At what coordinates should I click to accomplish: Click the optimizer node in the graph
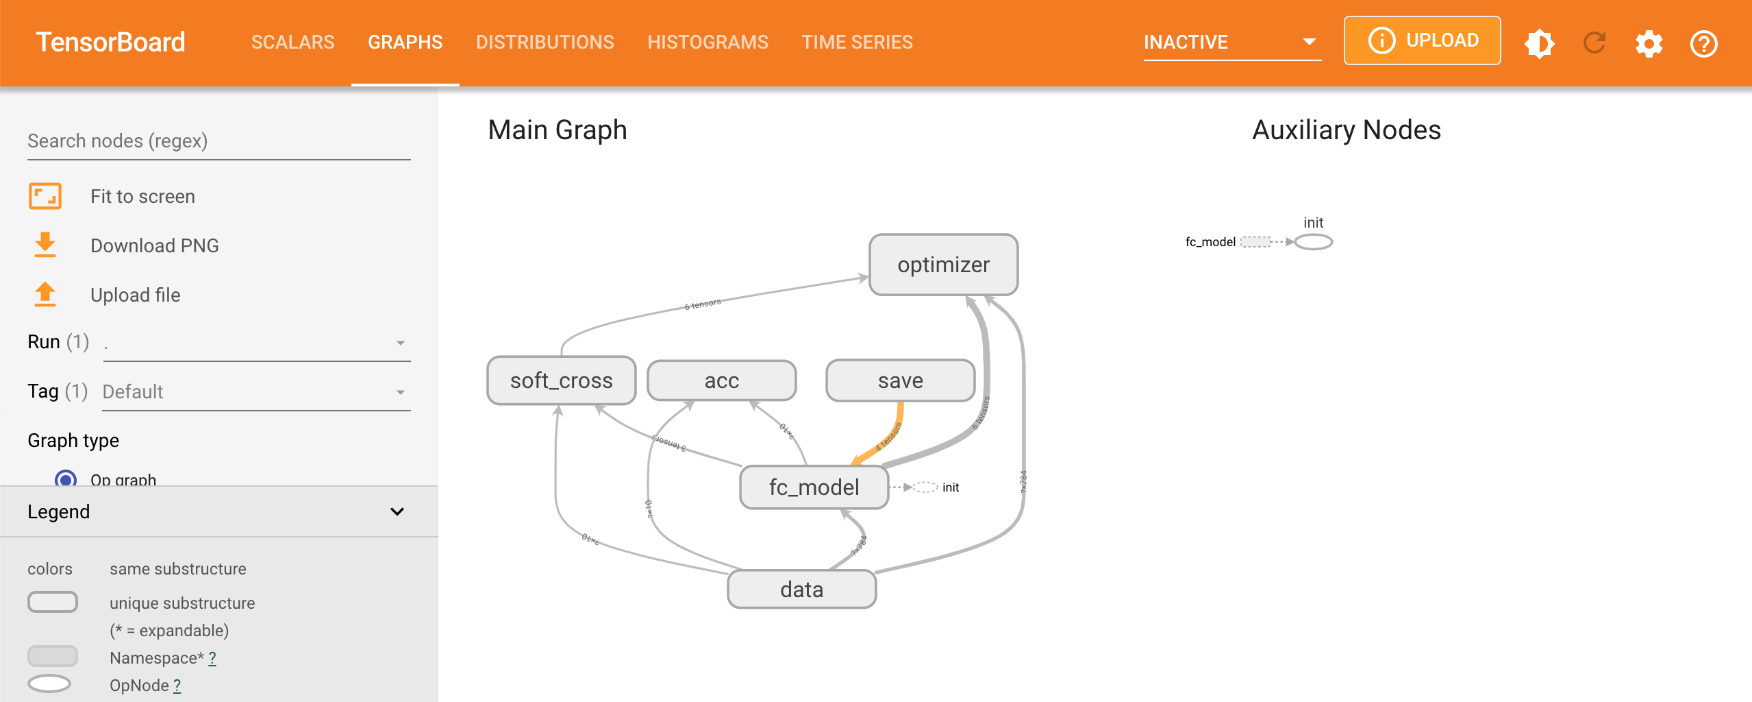click(x=943, y=265)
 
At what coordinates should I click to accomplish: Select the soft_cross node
click(x=561, y=380)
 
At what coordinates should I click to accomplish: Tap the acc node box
click(x=721, y=380)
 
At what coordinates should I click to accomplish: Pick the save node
click(x=900, y=380)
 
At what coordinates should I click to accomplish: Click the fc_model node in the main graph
click(x=814, y=487)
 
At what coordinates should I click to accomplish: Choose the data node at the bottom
click(x=801, y=590)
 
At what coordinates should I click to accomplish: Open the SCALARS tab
click(x=292, y=43)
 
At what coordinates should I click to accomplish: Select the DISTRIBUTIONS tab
click(x=545, y=43)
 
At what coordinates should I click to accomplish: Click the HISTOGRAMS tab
click(x=708, y=43)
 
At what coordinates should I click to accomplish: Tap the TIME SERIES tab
click(x=857, y=43)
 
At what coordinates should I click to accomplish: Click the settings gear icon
click(x=1649, y=44)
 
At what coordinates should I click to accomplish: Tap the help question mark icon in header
click(x=1703, y=44)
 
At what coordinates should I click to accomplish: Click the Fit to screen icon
click(x=45, y=196)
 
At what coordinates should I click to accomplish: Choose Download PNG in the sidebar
click(x=154, y=245)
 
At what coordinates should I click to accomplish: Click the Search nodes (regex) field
click(x=218, y=141)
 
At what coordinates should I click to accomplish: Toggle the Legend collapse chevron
click(x=397, y=511)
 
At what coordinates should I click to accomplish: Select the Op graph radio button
click(x=66, y=479)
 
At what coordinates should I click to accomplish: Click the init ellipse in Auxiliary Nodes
click(x=1313, y=242)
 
